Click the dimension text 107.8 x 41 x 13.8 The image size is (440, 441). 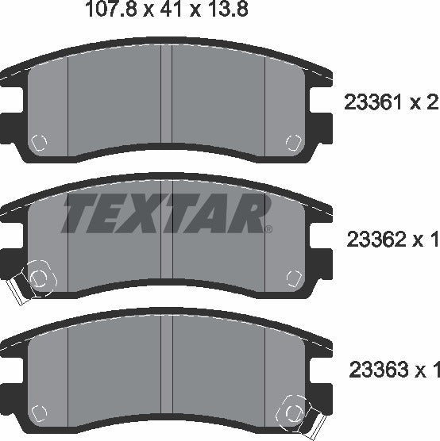coord(168,9)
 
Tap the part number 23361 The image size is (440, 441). coord(372,102)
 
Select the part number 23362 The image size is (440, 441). coord(376,240)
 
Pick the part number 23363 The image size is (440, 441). coord(379,370)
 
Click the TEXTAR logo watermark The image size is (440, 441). coord(164,213)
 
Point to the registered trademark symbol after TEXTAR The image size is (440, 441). coord(268,229)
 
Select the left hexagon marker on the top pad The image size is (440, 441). coord(39,143)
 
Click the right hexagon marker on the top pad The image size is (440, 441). coord(294,143)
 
